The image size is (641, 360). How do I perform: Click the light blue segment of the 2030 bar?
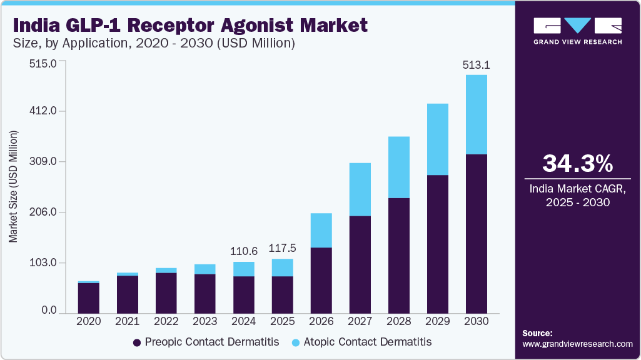[x=477, y=114]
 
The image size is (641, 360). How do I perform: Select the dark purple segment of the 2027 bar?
[x=360, y=264]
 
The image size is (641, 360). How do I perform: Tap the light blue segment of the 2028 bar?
[x=399, y=167]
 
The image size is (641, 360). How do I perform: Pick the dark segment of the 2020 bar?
[x=89, y=297]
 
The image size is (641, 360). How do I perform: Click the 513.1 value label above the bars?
[x=476, y=64]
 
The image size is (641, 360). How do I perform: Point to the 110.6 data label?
[x=243, y=251]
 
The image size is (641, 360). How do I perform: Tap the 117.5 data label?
[x=282, y=248]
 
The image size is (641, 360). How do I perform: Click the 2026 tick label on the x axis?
[x=321, y=321]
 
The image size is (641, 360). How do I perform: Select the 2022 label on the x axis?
[x=166, y=321]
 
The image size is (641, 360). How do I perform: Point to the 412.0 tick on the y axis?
[x=44, y=111]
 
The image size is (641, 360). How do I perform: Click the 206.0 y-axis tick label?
[x=44, y=212]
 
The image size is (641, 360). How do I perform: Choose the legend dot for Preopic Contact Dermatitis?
[x=136, y=342]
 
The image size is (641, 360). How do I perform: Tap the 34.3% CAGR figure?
[x=577, y=164]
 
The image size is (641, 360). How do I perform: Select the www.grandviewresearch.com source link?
[x=577, y=344]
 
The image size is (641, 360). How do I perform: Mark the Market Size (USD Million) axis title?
[x=13, y=186]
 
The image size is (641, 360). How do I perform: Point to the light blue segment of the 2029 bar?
[x=438, y=139]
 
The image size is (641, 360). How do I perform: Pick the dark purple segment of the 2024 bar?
[x=244, y=294]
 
